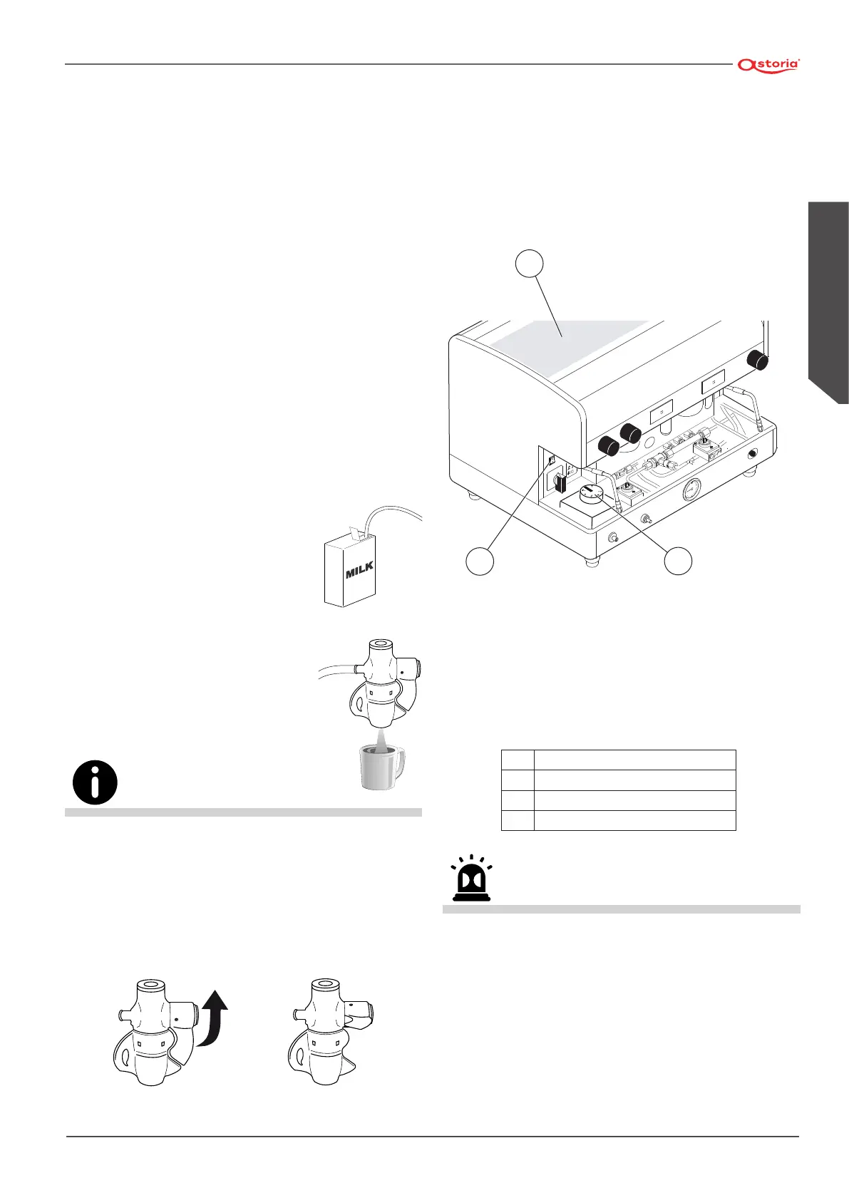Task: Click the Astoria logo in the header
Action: (769, 64)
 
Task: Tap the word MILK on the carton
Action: (360, 570)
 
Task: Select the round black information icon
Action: (95, 783)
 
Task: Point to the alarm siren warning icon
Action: (472, 879)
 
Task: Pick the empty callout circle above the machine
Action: (529, 263)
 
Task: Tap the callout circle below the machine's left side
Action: (480, 560)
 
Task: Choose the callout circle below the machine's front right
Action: (678, 560)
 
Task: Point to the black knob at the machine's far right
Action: (757, 361)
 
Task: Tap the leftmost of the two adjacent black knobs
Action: (607, 447)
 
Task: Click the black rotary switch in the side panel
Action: (559, 485)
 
